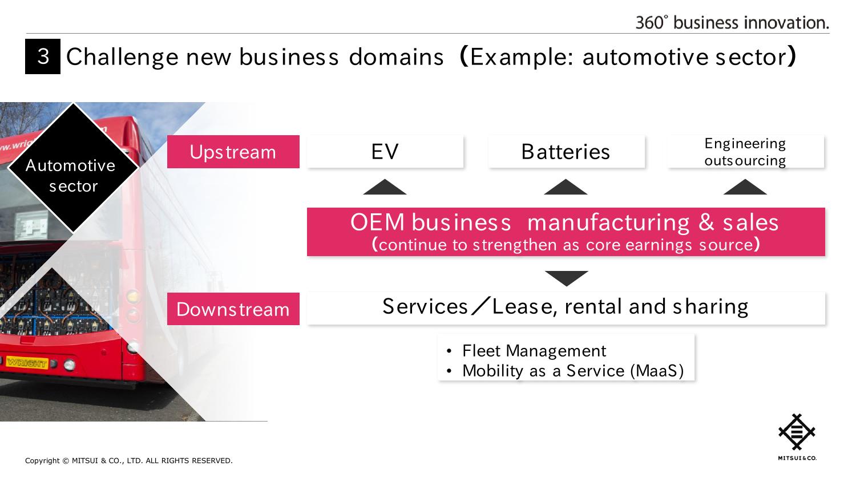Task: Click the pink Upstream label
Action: (x=233, y=152)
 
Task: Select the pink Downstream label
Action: (x=233, y=309)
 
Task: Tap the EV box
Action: (x=385, y=152)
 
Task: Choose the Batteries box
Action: (x=566, y=152)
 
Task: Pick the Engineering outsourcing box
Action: (x=745, y=152)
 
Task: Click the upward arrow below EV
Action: (x=385, y=188)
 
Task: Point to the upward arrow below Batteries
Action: (x=566, y=188)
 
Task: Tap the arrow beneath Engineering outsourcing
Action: (x=745, y=188)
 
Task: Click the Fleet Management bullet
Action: (x=534, y=350)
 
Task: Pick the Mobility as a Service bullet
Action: (x=572, y=371)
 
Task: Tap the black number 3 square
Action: (x=43, y=56)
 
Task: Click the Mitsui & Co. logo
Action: (x=797, y=436)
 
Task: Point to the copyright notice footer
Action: (x=129, y=461)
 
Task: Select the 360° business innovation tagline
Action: (x=732, y=23)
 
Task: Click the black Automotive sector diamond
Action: (x=72, y=168)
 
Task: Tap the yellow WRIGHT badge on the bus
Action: (x=26, y=363)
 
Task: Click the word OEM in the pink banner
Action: (x=377, y=222)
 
